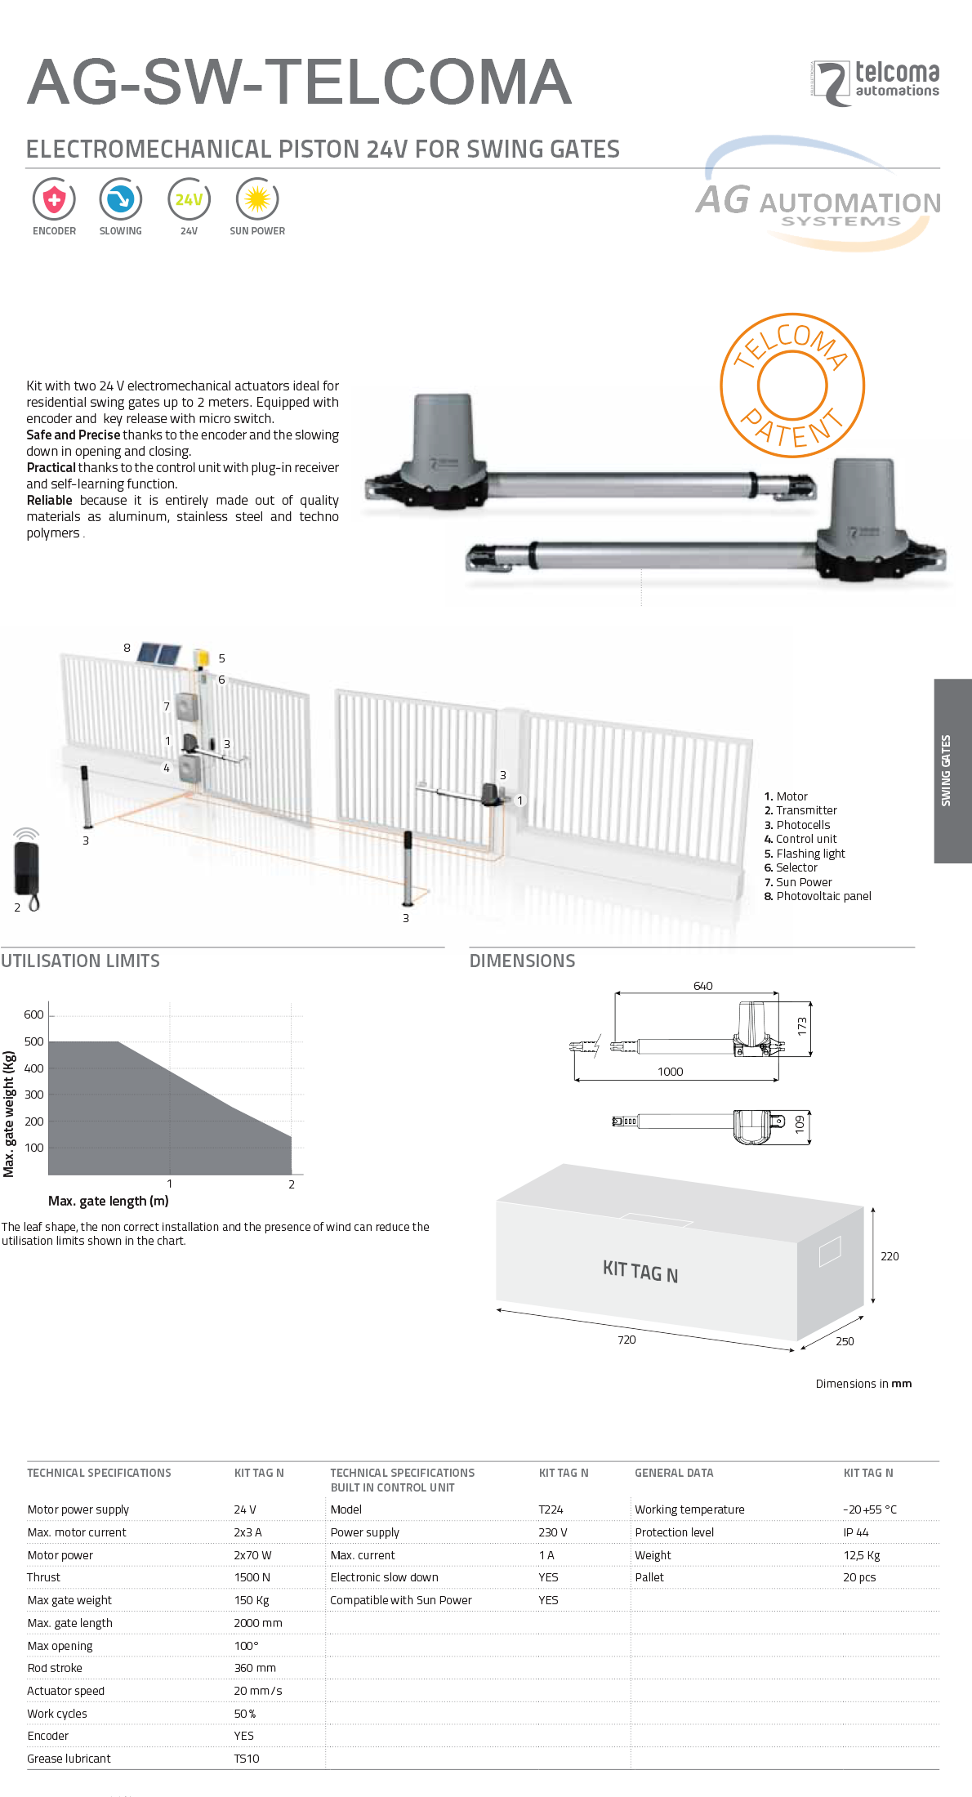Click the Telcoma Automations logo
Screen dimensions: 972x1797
coord(876,82)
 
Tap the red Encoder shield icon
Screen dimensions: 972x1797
coord(54,199)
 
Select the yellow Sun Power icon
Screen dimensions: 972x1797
coord(257,199)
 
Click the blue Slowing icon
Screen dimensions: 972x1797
coord(121,199)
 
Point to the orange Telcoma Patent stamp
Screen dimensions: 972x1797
coord(792,385)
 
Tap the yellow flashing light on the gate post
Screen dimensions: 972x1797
coord(202,658)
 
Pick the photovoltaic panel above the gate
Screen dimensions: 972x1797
coord(158,654)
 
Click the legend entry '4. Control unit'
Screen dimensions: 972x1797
coord(800,839)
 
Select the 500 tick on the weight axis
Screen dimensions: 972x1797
coord(34,1041)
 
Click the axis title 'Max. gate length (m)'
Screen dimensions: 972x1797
coord(109,1201)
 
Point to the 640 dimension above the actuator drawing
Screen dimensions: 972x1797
coord(703,986)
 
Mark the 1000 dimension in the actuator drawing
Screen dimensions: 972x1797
coord(671,1072)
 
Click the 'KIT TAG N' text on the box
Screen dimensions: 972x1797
coord(640,1271)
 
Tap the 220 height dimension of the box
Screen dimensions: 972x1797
coord(890,1256)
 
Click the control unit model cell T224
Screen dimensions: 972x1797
coord(551,1509)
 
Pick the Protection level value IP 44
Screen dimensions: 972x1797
coord(856,1532)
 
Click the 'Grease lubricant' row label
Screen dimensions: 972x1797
coord(69,1759)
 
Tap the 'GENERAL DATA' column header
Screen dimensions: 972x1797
coord(674,1473)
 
